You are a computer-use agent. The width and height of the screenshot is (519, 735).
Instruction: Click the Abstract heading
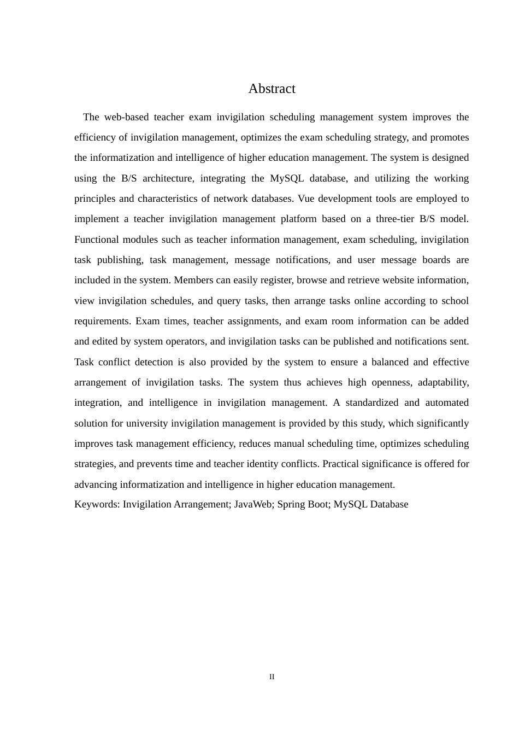click(x=272, y=89)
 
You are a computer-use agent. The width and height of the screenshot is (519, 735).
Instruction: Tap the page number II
click(x=272, y=677)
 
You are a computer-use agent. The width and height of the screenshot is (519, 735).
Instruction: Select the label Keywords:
click(x=97, y=504)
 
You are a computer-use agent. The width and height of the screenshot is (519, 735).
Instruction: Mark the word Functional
click(x=96, y=240)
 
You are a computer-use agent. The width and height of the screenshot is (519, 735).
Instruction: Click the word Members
click(x=193, y=280)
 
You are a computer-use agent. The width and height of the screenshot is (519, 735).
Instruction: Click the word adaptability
click(x=443, y=382)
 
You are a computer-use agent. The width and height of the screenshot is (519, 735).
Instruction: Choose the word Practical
click(x=340, y=464)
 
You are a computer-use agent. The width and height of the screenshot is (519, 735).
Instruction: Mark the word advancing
click(x=96, y=485)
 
